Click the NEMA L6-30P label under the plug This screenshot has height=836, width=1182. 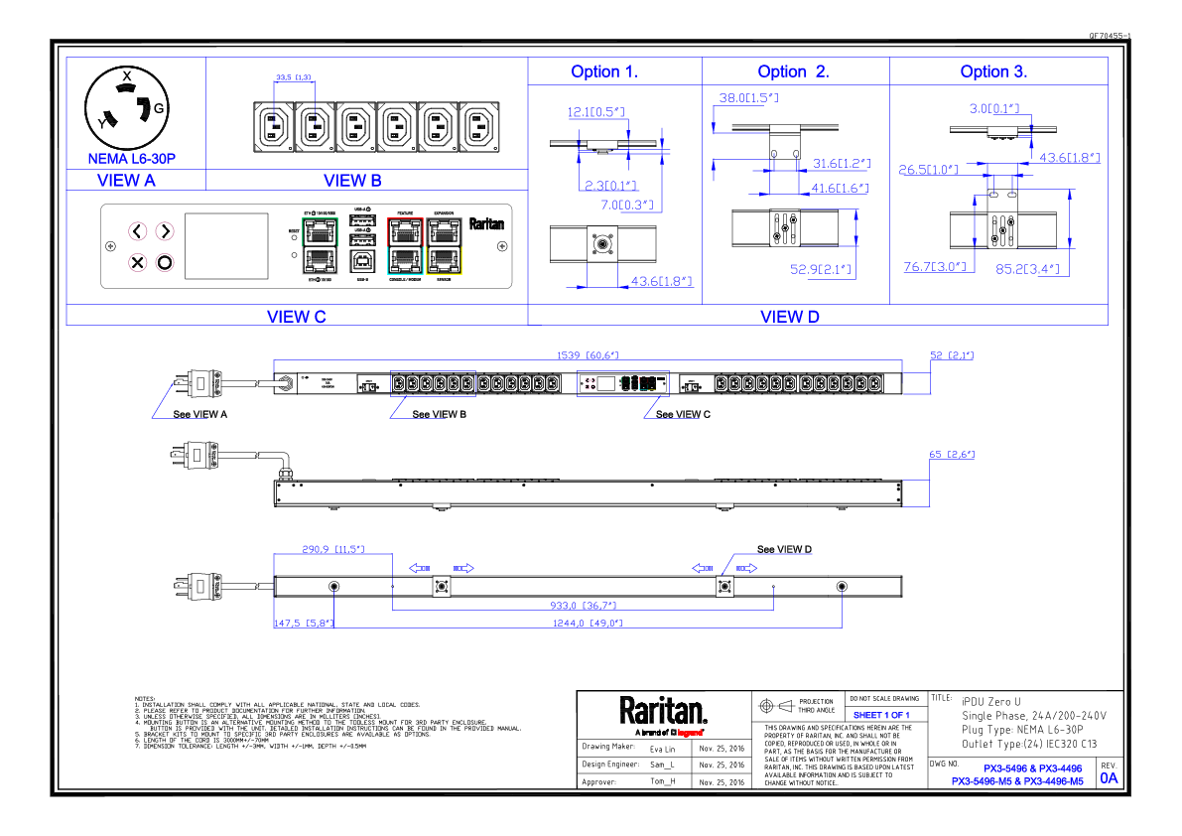coord(132,159)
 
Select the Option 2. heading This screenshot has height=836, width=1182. coord(793,71)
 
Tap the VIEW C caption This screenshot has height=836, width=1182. coord(296,317)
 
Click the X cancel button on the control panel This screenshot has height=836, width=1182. coord(138,263)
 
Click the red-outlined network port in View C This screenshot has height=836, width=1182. coord(405,232)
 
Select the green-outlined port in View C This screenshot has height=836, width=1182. coord(320,232)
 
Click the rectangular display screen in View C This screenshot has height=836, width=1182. coord(227,245)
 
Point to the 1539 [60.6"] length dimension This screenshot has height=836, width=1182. coord(586,355)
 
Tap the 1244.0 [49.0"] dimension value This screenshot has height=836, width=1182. coord(589,624)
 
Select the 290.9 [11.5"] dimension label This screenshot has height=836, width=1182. coord(332,549)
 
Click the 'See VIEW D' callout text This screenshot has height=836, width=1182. coord(784,549)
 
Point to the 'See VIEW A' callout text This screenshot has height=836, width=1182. coord(200,414)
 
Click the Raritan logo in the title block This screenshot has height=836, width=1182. coord(663,712)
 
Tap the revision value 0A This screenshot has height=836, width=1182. coord(1108,778)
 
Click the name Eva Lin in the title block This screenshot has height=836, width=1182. coord(662,748)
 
